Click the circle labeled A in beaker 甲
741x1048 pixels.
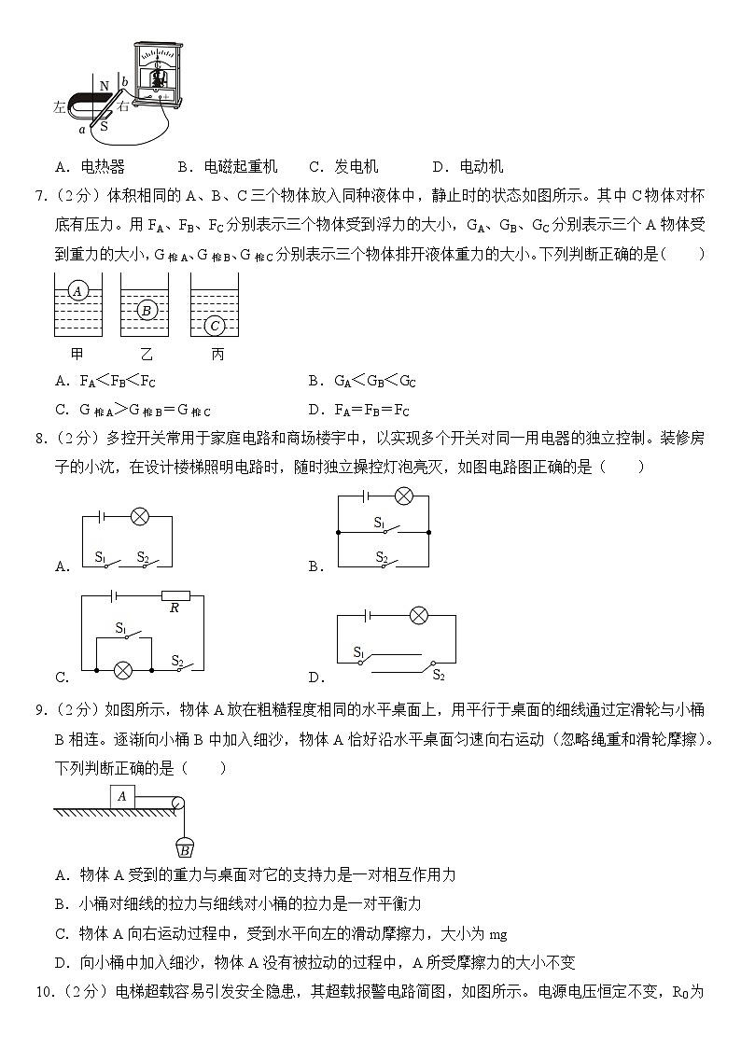pyautogui.click(x=78, y=291)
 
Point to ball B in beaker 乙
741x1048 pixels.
pyautogui.click(x=146, y=310)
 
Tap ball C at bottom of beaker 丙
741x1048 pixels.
pyautogui.click(x=216, y=326)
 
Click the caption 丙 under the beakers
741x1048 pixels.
pyautogui.click(x=217, y=355)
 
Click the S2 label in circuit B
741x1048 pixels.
pyautogui.click(x=381, y=556)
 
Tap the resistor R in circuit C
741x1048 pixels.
pyautogui.click(x=175, y=595)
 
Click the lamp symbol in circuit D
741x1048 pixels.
pyautogui.click(x=420, y=615)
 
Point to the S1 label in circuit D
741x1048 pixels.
pyautogui.click(x=358, y=652)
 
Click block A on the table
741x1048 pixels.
pyautogui.click(x=122, y=796)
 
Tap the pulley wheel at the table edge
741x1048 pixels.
pyautogui.click(x=177, y=802)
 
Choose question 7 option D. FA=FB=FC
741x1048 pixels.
pyautogui.click(x=358, y=409)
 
